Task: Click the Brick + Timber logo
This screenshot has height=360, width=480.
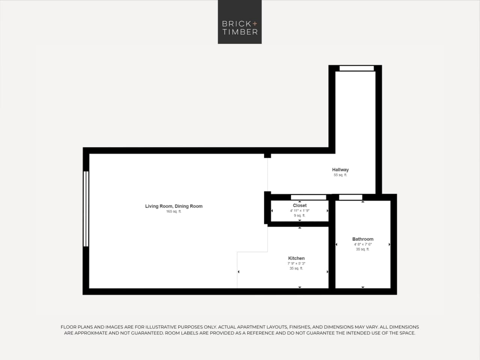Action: pyautogui.click(x=240, y=22)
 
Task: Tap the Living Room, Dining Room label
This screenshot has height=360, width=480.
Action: pyautogui.click(x=174, y=206)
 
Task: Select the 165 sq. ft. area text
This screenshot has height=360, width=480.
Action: pyautogui.click(x=174, y=212)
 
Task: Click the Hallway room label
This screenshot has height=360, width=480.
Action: pyautogui.click(x=340, y=170)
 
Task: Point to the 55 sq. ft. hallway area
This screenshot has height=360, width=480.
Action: pyautogui.click(x=340, y=175)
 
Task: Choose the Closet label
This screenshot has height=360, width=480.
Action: pyautogui.click(x=299, y=205)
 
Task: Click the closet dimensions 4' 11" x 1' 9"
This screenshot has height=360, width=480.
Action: pyautogui.click(x=299, y=211)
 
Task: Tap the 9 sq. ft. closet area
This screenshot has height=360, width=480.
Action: pyautogui.click(x=299, y=216)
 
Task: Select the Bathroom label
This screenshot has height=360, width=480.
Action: pyautogui.click(x=363, y=239)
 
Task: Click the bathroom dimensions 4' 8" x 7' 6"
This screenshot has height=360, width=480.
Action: pyautogui.click(x=363, y=244)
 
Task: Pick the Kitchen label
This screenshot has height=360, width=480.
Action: pyautogui.click(x=296, y=258)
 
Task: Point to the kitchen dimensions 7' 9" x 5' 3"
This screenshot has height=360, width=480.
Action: pyautogui.click(x=296, y=264)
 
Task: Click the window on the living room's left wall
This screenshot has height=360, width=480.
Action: pyautogui.click(x=86, y=209)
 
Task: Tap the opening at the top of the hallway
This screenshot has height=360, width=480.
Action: pyautogui.click(x=357, y=68)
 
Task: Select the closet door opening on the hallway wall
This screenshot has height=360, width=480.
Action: pyautogui.click(x=308, y=197)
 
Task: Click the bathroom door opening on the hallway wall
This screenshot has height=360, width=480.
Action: pyautogui.click(x=351, y=197)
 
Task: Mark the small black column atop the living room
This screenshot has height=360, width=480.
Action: pyautogui.click(x=267, y=155)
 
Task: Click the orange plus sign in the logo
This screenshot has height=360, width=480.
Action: pyautogui.click(x=255, y=24)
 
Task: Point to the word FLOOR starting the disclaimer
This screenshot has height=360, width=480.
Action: pyautogui.click(x=69, y=327)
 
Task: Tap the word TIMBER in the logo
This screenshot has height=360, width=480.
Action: pyautogui.click(x=240, y=32)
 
